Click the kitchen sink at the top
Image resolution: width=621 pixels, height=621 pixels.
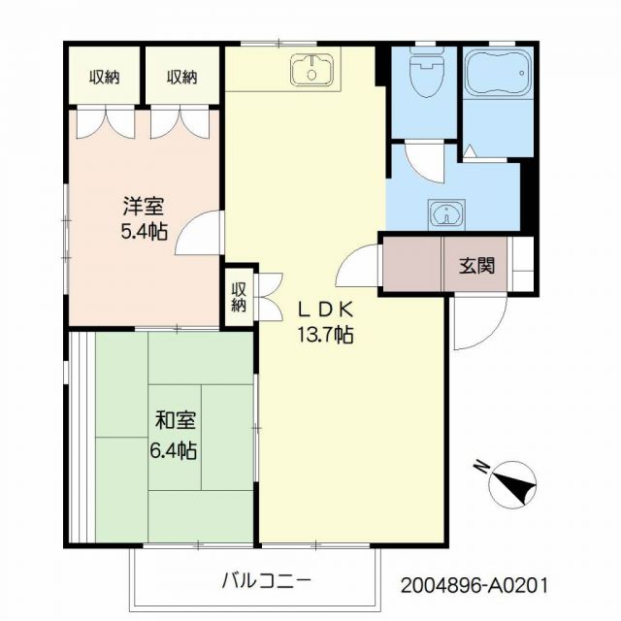point(311,69)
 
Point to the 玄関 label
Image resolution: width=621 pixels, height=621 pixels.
point(477,264)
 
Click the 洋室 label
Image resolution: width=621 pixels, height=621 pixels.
point(143,207)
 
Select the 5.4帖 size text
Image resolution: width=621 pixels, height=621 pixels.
point(143,233)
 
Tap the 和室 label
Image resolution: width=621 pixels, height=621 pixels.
point(176,421)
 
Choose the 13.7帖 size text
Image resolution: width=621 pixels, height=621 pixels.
point(325,336)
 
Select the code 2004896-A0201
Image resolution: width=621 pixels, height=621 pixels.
point(475,586)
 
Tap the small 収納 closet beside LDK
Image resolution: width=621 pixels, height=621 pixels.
point(239,297)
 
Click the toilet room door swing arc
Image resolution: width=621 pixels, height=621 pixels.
point(423,161)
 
